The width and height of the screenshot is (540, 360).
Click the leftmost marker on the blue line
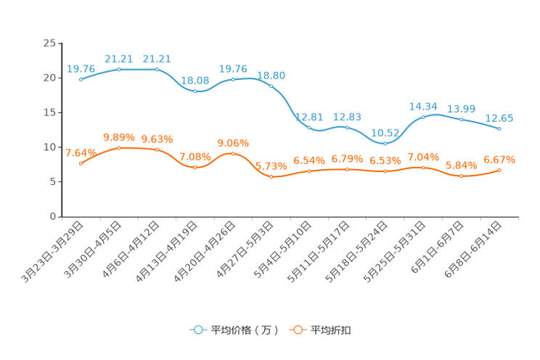pyautogui.click(x=81, y=78)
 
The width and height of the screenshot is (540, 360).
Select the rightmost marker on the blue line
pyautogui.click(x=499, y=128)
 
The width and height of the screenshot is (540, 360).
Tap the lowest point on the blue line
pyautogui.click(x=385, y=144)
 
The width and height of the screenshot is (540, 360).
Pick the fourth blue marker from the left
pyautogui.click(x=195, y=91)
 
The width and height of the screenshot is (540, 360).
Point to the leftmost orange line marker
pyautogui.click(x=81, y=163)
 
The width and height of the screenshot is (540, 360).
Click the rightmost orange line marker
pyautogui.click(x=499, y=170)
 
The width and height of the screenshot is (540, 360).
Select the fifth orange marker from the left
pyautogui.click(x=233, y=153)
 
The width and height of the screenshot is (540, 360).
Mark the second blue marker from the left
pyautogui.click(x=119, y=69)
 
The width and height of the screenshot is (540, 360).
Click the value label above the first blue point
pyautogui.click(x=81, y=68)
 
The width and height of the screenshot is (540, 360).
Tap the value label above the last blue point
pyautogui.click(x=499, y=118)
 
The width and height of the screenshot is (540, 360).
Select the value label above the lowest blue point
pyautogui.click(x=385, y=133)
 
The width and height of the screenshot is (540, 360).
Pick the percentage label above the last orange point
pyautogui.click(x=499, y=159)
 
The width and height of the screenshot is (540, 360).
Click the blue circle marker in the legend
pyautogui.click(x=197, y=330)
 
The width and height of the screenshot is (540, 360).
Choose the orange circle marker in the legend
pyautogui.click(x=296, y=330)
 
